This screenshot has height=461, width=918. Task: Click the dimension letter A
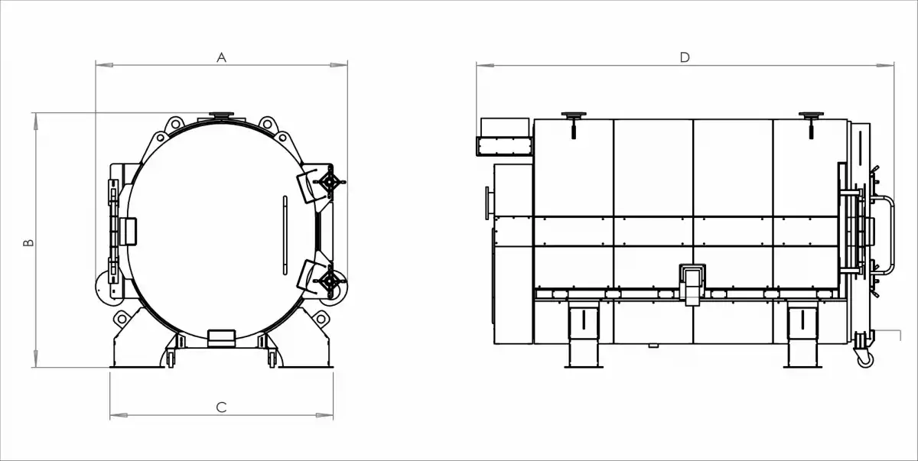pos(222,57)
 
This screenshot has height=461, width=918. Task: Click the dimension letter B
pos(28,242)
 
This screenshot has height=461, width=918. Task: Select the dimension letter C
pos(221,407)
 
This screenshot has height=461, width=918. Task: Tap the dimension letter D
pos(685,57)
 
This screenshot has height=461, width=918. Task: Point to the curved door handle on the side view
pos(888,237)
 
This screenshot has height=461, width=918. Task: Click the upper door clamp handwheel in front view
pos(330,182)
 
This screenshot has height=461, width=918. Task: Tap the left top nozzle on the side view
pos(573,117)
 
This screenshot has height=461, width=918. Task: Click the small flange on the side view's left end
pos(487,203)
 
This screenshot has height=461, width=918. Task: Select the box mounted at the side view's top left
pos(503,136)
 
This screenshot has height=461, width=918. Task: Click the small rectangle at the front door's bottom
pos(223,336)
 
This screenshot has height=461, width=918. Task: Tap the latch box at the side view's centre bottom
pos(693,282)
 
